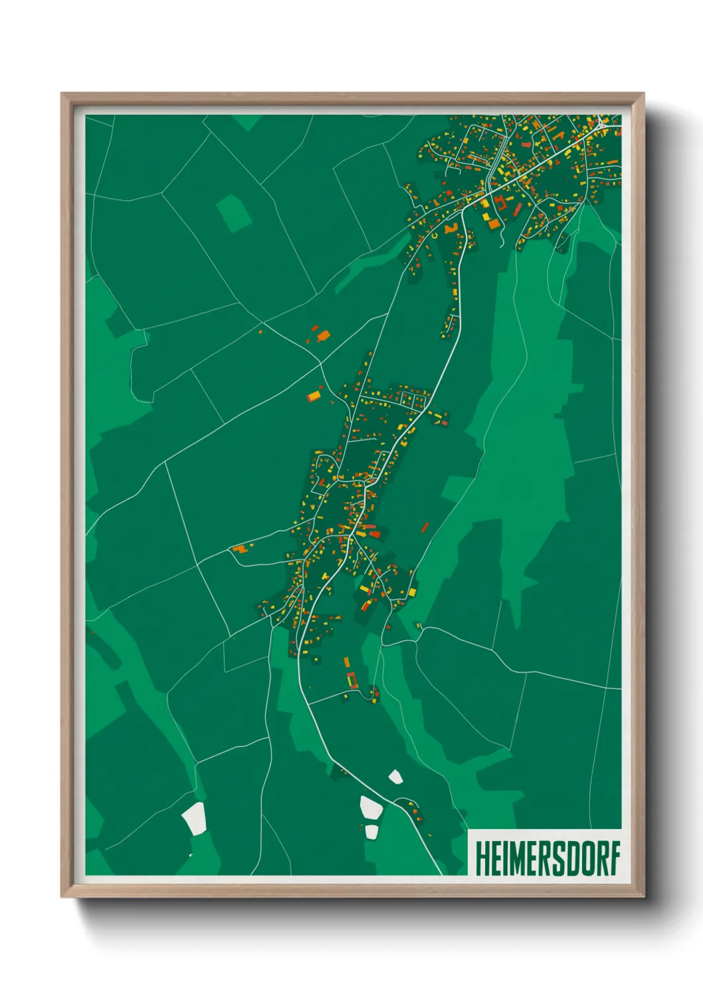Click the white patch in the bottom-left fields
(195, 818)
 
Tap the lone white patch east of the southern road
(395, 776)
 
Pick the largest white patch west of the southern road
(371, 808)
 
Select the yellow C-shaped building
(435, 235)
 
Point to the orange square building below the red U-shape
(494, 224)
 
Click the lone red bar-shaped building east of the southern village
(425, 527)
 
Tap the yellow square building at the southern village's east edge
(411, 591)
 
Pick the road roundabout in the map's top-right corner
(600, 124)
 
